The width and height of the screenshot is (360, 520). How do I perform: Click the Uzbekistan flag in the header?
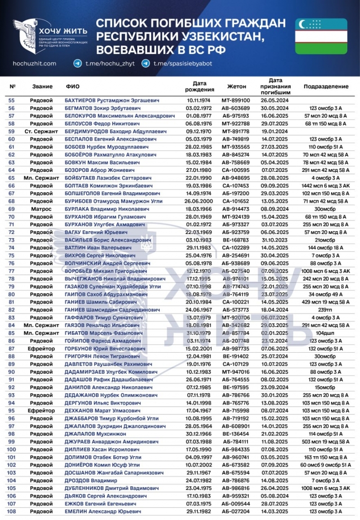click(x=321, y=36)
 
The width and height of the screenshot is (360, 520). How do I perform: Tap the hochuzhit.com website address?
click(x=34, y=63)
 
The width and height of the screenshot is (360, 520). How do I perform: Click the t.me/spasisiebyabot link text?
click(x=183, y=63)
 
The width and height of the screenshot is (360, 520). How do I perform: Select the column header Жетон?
click(x=237, y=86)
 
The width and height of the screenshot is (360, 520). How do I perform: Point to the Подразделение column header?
click(x=326, y=86)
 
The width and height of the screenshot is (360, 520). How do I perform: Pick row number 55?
click(x=12, y=100)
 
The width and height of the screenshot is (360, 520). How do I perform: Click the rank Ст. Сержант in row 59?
click(x=41, y=131)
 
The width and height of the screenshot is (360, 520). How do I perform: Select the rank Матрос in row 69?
click(x=41, y=209)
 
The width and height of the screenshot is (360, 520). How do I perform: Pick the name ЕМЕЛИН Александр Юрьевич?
click(x=103, y=511)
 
